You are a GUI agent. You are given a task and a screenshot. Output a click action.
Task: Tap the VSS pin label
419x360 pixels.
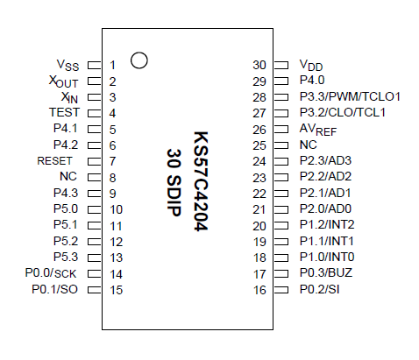point(67,65)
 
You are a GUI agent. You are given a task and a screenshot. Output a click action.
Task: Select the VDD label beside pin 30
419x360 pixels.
point(311,65)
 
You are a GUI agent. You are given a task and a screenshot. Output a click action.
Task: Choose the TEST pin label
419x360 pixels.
point(64,113)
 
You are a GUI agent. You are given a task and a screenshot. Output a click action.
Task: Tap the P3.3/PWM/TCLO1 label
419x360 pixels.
point(350,96)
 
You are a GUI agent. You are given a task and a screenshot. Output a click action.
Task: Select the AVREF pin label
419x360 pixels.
point(317,129)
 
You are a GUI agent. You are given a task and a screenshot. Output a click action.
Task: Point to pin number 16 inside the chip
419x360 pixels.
point(259,289)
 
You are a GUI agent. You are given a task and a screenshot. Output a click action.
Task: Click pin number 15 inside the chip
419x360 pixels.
point(117,289)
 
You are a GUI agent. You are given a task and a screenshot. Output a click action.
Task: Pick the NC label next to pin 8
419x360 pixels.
point(69,177)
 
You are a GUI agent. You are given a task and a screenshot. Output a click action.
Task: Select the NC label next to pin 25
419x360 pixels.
point(309,145)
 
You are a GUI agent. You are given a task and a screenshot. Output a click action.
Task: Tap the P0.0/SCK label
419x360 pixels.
point(54,273)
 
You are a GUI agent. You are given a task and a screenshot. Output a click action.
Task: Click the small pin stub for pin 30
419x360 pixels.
point(281,65)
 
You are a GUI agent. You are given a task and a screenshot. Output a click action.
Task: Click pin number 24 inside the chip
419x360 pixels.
point(259,161)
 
